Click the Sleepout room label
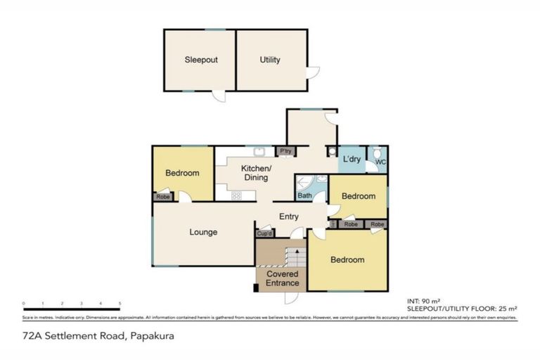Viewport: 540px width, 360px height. click(x=201, y=60)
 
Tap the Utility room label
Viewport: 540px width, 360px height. click(x=270, y=60)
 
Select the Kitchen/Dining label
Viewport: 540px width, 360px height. click(x=255, y=173)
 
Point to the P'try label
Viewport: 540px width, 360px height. click(x=285, y=151)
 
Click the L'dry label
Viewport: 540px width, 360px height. click(x=352, y=160)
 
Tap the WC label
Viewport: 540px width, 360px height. click(x=380, y=162)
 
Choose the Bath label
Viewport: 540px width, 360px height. click(x=304, y=195)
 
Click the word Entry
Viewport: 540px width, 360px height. click(x=290, y=217)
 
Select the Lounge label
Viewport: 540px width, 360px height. click(x=203, y=232)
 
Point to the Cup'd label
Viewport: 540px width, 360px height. click(x=265, y=233)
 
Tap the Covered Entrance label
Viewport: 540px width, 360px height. click(x=282, y=278)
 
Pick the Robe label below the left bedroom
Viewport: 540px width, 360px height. click(x=162, y=198)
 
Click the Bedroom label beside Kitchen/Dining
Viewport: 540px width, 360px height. click(x=182, y=173)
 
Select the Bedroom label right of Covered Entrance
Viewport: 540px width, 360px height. click(x=347, y=260)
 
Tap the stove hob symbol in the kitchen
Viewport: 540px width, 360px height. click(x=237, y=196)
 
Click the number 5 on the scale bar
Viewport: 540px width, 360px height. click(x=120, y=304)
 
